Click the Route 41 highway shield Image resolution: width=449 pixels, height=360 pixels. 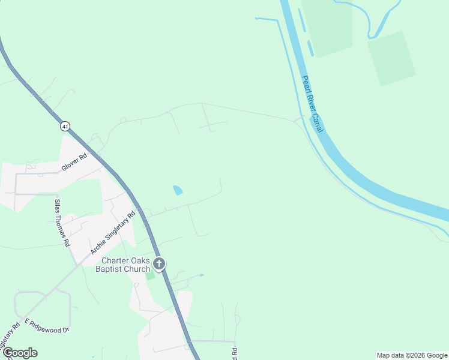pos(65,126)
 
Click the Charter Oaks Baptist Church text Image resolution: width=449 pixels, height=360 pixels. pos(125,265)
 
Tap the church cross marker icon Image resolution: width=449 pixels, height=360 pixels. pos(159,263)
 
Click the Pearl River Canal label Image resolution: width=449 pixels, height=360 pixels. pos(313,103)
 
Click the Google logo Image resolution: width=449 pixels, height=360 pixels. pos(19,353)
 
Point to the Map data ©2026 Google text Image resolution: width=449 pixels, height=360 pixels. pos(411,355)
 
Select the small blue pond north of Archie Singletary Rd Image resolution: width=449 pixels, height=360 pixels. pos(178,191)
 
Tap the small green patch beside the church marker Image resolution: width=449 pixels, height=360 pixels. pos(150,275)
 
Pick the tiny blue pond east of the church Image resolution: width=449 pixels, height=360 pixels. pos(201,275)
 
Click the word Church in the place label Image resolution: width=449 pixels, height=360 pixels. pos(136,269)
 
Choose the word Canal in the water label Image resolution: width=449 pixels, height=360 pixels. pos(319,123)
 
